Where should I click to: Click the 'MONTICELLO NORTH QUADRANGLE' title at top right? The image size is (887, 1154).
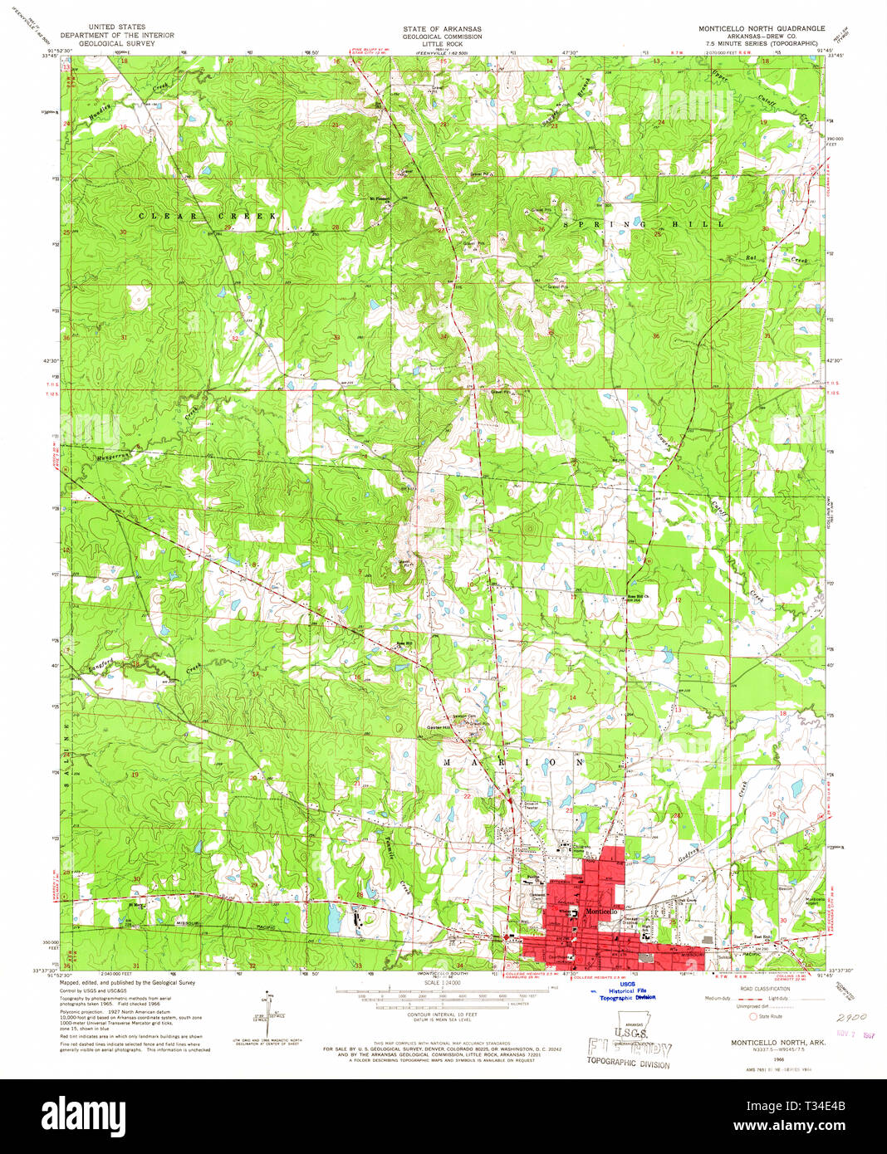(x=761, y=28)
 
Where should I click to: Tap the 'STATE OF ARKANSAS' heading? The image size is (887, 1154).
(x=442, y=29)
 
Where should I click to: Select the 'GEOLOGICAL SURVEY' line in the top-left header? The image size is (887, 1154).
(x=116, y=43)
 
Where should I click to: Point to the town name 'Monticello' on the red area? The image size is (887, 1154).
(x=602, y=912)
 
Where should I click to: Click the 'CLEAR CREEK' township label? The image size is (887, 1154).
(x=207, y=217)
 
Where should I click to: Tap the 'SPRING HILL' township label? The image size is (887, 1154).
(x=644, y=224)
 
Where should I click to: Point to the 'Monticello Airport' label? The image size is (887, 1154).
(x=815, y=902)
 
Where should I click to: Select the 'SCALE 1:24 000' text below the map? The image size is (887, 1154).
(x=443, y=983)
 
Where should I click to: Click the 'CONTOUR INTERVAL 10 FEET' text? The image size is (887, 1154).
(x=443, y=1015)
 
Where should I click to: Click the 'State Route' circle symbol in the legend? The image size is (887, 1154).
(x=753, y=1016)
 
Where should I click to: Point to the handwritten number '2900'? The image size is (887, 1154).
(x=851, y=1016)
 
